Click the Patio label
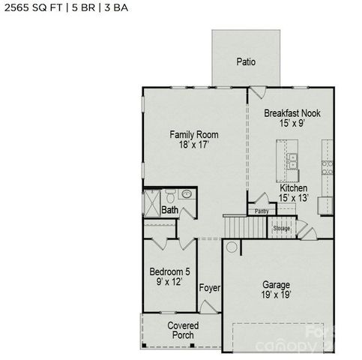[246, 61]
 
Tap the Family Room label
[193, 135]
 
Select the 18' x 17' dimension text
[193, 145]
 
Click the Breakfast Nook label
[292, 113]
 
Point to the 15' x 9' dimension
[292, 124]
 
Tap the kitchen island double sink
[292, 160]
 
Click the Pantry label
[262, 211]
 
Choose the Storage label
[281, 228]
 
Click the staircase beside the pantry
[240, 225]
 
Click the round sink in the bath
[187, 194]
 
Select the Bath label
[170, 211]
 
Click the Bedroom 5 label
[169, 271]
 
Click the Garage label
[276, 285]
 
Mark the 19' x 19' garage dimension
[276, 295]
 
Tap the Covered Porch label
[183, 330]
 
